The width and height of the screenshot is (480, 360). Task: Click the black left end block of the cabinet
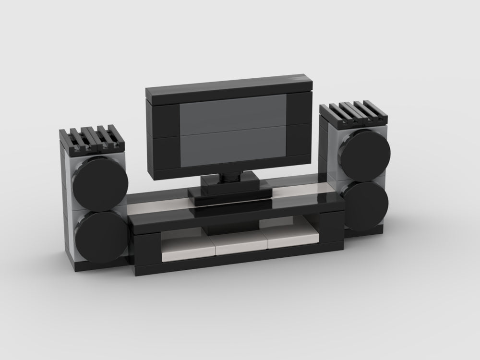[148, 252]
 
